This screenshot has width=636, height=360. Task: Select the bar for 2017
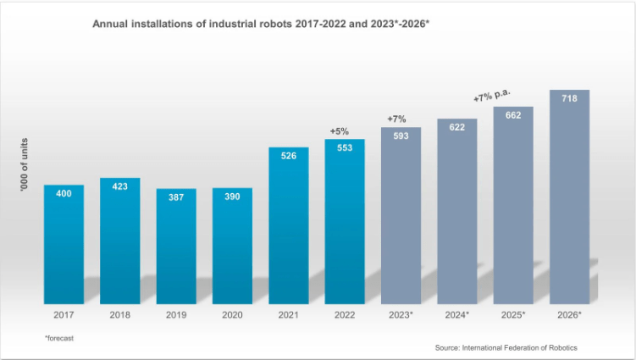point(64,246)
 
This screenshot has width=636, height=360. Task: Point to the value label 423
point(120,186)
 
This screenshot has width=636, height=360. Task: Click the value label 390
point(232,197)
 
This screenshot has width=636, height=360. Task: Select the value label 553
point(345,147)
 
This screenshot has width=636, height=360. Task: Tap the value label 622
point(456,127)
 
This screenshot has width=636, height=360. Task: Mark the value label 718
point(569,99)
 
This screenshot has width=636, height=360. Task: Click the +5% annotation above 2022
point(339,131)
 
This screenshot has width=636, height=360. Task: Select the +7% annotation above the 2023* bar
point(396,119)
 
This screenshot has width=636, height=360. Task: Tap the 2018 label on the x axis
point(120,314)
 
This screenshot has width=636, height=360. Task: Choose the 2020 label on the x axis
point(232,314)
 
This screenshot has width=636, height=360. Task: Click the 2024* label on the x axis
point(457,314)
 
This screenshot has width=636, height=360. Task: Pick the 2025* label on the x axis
point(513,314)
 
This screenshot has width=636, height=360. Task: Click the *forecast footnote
point(59,338)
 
